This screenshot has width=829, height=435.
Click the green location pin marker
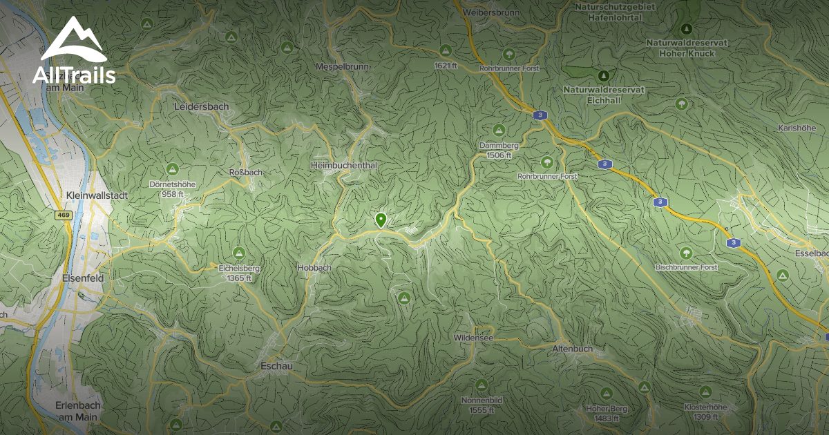380,220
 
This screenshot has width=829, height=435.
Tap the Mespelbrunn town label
343,66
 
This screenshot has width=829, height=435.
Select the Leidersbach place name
201,106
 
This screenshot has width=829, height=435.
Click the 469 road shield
64,215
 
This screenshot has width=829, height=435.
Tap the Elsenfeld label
82,278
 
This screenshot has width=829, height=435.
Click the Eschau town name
271,365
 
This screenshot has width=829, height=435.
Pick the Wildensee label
473,338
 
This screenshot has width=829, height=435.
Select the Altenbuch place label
572,349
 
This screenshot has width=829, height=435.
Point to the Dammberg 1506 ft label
499,151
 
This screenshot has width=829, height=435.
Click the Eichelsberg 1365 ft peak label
238,272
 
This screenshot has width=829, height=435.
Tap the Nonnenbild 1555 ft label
482,405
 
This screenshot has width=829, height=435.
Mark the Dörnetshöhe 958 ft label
172,188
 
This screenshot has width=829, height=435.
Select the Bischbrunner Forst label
686,267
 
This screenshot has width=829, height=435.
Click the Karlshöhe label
797,128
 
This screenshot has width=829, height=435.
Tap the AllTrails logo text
74,75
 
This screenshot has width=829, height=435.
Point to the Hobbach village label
314,267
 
